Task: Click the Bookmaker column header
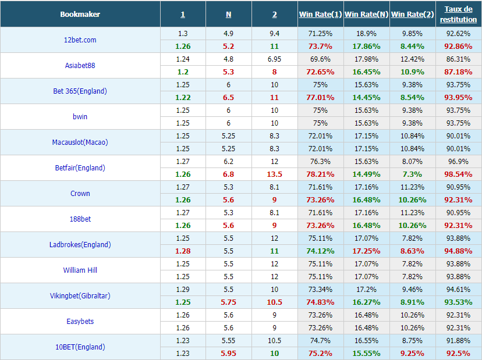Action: click(80, 15)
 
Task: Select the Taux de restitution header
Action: click(458, 14)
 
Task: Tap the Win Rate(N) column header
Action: click(366, 15)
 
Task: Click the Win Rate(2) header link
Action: click(412, 15)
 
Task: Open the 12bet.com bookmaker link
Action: click(80, 40)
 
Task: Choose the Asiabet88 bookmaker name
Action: click(80, 65)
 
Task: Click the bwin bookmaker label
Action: click(80, 117)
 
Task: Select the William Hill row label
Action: click(80, 270)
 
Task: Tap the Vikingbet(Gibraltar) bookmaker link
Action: click(80, 296)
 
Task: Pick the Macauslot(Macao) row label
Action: click(80, 142)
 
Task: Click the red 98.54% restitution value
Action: click(458, 174)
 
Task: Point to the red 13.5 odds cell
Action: click(275, 174)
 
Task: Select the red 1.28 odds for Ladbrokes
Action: click(183, 251)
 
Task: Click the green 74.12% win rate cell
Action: click(320, 251)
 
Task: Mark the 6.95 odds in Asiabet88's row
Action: click(275, 59)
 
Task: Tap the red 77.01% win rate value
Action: click(320, 98)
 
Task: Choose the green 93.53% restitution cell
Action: click(458, 302)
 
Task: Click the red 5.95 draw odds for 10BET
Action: click(228, 354)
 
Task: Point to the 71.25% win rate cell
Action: click(320, 34)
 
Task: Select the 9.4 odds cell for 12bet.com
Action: click(275, 34)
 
